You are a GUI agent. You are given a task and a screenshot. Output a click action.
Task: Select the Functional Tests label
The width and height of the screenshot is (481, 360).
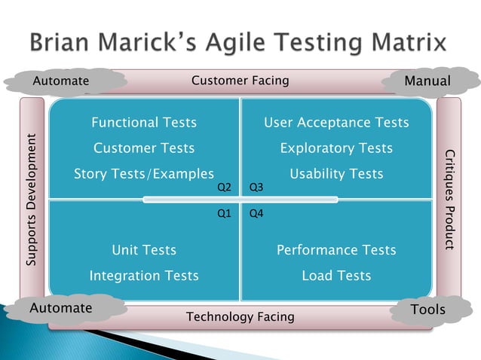point(144,122)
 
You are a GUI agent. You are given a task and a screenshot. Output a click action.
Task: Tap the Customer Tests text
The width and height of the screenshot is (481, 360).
point(144,148)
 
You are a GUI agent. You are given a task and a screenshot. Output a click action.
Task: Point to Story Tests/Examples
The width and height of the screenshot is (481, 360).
point(144,174)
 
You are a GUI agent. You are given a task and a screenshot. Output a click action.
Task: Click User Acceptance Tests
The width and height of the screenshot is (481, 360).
point(336,122)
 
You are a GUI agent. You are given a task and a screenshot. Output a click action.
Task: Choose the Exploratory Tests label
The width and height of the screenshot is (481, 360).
point(336,148)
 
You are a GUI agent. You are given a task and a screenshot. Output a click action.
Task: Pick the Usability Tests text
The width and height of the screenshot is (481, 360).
point(336,174)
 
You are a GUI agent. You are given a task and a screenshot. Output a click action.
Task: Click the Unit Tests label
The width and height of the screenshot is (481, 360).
point(144,250)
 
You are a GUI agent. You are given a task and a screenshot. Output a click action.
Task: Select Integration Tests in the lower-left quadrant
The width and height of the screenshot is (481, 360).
point(144,276)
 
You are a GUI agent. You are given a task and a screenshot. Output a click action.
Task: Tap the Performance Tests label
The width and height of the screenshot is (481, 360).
point(336,250)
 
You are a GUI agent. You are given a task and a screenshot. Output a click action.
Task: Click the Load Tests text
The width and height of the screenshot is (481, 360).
point(336,276)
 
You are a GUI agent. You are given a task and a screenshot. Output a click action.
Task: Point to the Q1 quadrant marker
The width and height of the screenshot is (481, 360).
point(224,214)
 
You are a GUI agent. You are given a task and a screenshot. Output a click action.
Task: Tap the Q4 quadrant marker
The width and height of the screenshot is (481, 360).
point(256,214)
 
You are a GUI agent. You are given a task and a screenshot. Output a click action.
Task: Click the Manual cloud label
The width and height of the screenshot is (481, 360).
point(427,81)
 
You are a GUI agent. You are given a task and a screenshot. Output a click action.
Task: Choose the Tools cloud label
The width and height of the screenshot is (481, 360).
point(427,310)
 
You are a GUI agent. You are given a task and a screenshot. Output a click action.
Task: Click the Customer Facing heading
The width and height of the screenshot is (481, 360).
point(240,81)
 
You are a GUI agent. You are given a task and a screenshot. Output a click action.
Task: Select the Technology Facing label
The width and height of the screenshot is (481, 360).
point(240,317)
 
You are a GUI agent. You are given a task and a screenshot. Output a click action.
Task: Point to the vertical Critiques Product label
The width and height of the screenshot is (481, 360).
point(449,200)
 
